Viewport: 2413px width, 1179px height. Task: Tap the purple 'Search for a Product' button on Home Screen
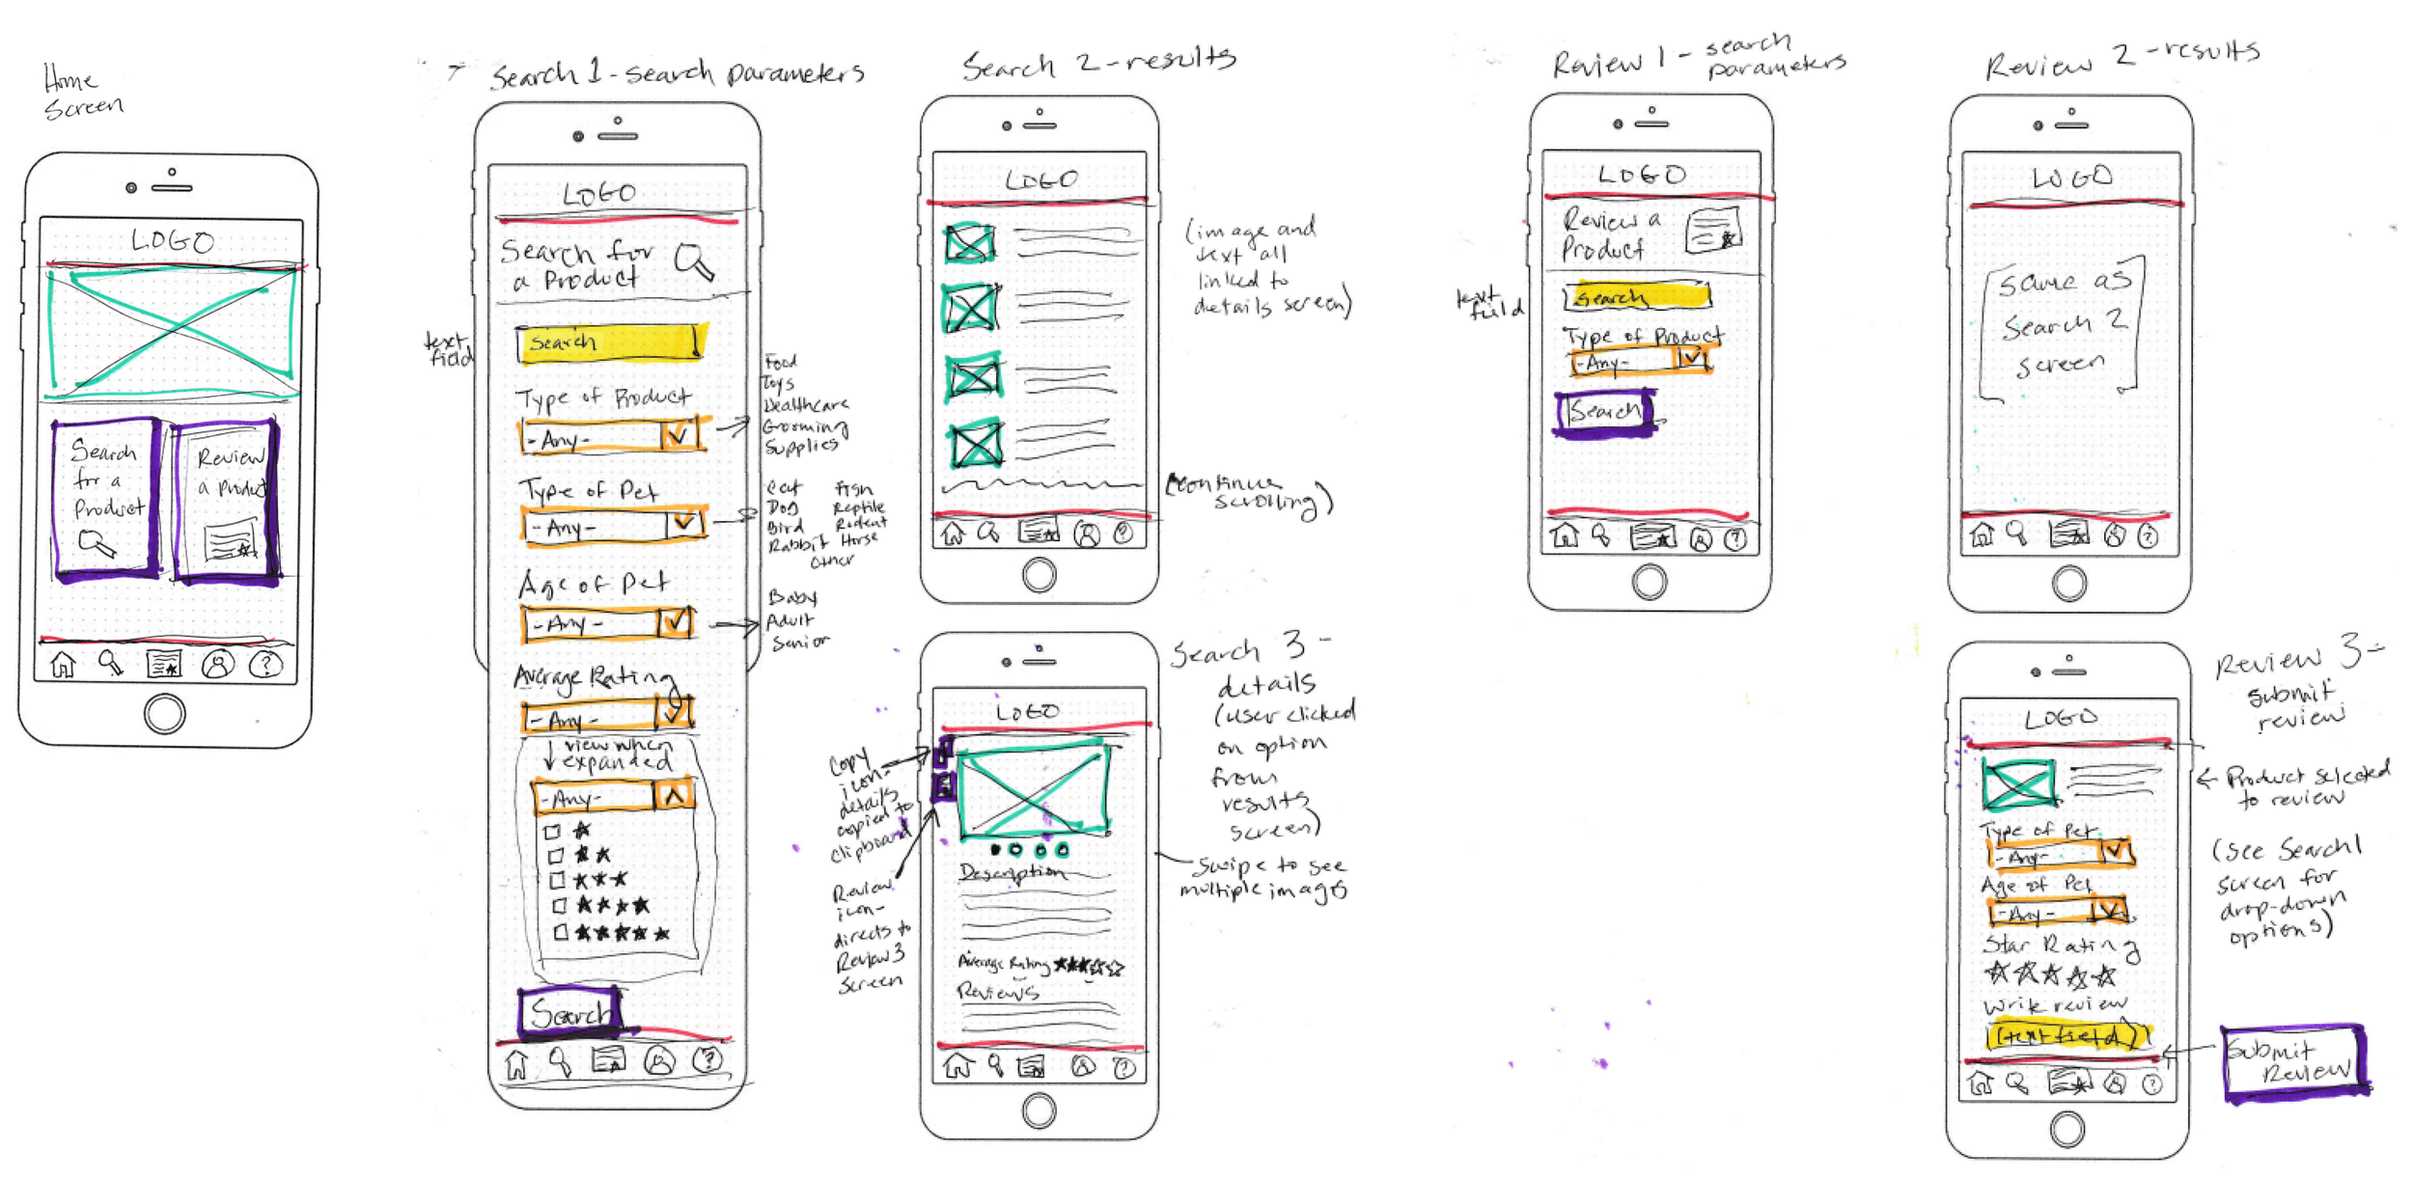[106, 498]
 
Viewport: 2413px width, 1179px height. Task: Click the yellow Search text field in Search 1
[610, 343]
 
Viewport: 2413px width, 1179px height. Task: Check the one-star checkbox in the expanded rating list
[552, 831]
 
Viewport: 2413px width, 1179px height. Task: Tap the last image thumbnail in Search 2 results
[975, 445]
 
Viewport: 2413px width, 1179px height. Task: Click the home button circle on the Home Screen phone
[164, 714]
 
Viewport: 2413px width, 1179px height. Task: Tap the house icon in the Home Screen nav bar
[63, 665]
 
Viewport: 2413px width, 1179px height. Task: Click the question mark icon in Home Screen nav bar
[265, 665]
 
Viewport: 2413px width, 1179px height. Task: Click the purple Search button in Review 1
[1605, 413]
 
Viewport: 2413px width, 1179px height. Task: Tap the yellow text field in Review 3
[2066, 1035]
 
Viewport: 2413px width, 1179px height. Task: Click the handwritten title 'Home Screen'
[82, 92]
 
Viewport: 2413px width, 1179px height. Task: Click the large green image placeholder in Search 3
[1034, 789]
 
